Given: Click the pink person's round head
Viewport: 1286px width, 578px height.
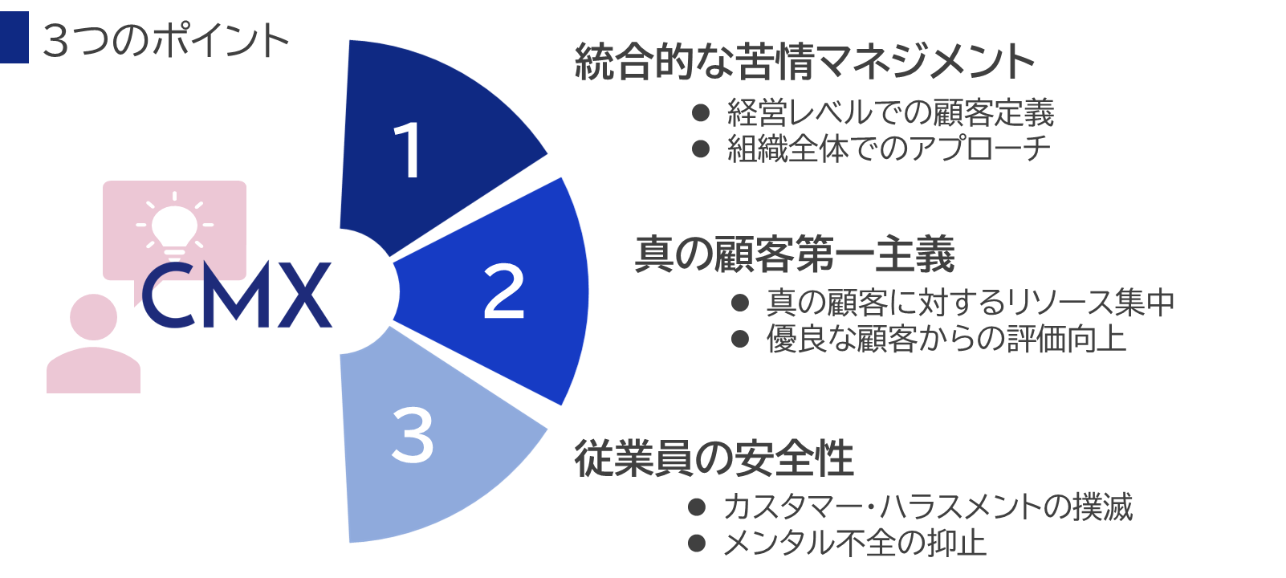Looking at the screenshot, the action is [93, 317].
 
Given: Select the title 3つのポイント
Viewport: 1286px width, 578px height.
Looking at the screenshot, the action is [165, 40].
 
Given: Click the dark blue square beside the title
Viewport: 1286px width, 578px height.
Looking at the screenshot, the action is [14, 37].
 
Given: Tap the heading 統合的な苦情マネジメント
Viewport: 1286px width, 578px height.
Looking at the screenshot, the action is [804, 62].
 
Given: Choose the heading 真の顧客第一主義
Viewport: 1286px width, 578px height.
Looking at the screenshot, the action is [795, 254].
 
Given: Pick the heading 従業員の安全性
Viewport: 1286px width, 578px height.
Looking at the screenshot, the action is [714, 458].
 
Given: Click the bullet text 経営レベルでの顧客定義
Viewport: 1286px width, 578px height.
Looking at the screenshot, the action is [890, 113].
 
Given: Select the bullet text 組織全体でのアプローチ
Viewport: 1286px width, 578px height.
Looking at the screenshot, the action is [889, 149].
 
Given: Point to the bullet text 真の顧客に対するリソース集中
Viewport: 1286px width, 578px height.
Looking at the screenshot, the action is [970, 303].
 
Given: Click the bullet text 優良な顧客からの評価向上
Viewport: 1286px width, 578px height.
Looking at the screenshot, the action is [946, 339].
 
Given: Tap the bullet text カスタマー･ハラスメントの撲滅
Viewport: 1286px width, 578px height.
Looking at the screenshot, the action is [927, 507].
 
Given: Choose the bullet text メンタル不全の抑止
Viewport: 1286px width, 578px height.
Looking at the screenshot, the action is [854, 543].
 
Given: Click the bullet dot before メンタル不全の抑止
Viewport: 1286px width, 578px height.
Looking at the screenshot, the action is [697, 543].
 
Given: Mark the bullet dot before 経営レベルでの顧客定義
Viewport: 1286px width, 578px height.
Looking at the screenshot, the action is [701, 113].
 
